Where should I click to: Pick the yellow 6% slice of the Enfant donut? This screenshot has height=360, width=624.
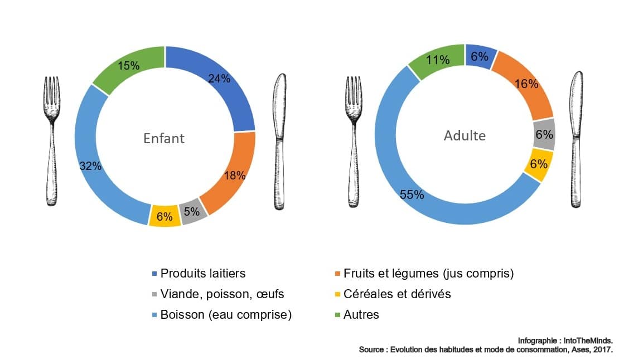(165, 216)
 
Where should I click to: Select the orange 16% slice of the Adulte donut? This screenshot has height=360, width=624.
(527, 85)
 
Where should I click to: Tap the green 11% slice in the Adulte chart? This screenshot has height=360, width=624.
(437, 59)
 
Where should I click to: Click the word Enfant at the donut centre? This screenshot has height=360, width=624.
(165, 138)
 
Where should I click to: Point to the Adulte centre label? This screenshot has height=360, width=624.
(465, 135)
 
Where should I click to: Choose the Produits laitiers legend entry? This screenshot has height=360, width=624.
(202, 273)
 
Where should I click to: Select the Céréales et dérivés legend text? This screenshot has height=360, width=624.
(397, 294)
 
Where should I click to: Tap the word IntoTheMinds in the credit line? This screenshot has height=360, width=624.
(592, 340)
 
